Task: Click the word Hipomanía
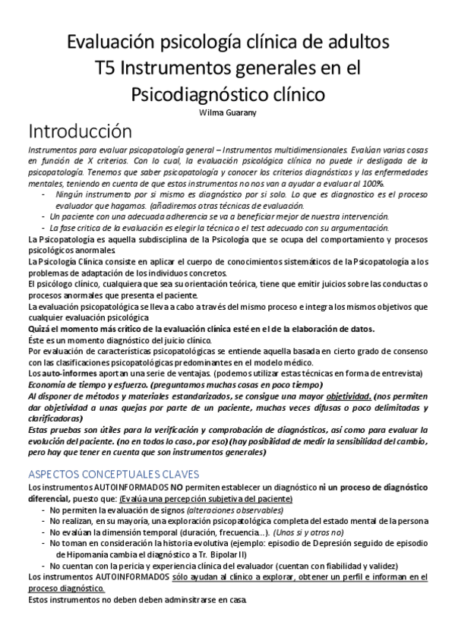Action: tap(80, 554)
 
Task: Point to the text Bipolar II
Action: tap(262, 554)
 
